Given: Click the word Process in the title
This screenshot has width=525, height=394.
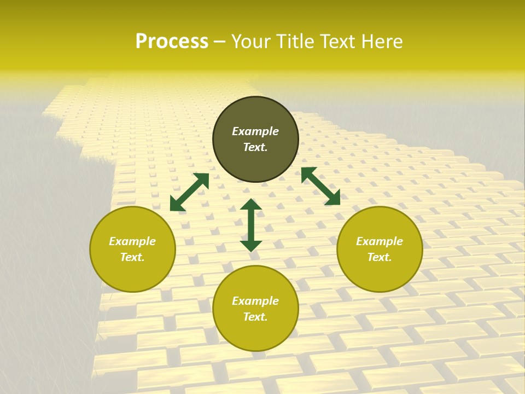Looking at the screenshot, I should tap(172, 42).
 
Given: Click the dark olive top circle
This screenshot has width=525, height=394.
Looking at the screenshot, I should tap(255, 115).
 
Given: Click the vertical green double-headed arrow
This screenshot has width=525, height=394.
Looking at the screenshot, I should tap(251, 225).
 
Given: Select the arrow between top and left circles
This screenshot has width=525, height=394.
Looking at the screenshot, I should tap(189, 192).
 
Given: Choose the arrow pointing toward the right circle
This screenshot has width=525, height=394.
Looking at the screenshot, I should tap(320, 186).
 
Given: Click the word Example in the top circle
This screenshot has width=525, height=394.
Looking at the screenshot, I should tap(255, 131).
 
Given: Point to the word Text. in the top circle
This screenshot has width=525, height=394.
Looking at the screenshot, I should tap(255, 147).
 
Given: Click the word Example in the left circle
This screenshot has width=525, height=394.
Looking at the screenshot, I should tap(132, 241).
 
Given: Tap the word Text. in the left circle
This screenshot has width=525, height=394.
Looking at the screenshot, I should tap(132, 257).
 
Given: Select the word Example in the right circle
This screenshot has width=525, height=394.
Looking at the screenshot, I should tap(380, 241).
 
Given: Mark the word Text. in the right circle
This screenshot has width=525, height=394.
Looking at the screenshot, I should tap(380, 257).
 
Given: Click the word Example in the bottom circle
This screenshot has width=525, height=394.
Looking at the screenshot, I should tap(255, 301).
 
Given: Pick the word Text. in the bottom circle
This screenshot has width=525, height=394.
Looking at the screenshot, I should tap(255, 317).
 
